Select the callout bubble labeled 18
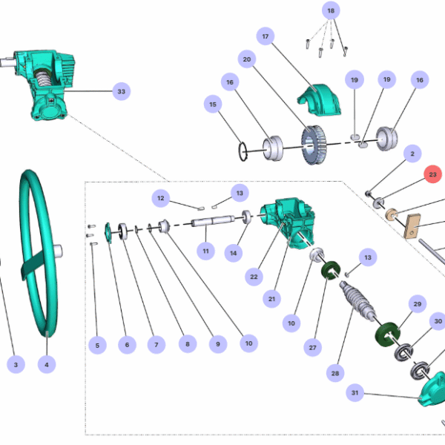click(331, 11)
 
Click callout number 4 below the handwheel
click(47, 365)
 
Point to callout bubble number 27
click(313, 347)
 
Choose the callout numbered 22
click(254, 276)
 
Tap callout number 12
click(161, 197)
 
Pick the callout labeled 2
click(410, 154)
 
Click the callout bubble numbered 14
click(234, 253)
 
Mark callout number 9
click(217, 344)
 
